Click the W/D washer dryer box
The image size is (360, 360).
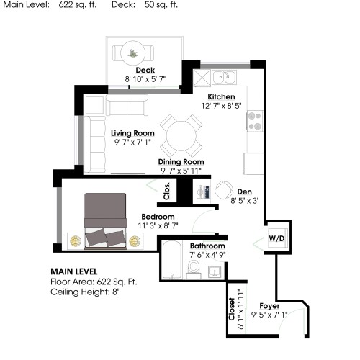(x=276, y=238)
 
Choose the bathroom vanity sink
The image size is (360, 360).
(x=213, y=270)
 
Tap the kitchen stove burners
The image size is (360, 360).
(x=255, y=122)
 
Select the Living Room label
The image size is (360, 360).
(x=132, y=132)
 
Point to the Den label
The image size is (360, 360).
(x=243, y=192)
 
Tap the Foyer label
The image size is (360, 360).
(x=269, y=305)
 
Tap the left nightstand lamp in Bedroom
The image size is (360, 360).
(x=74, y=238)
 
